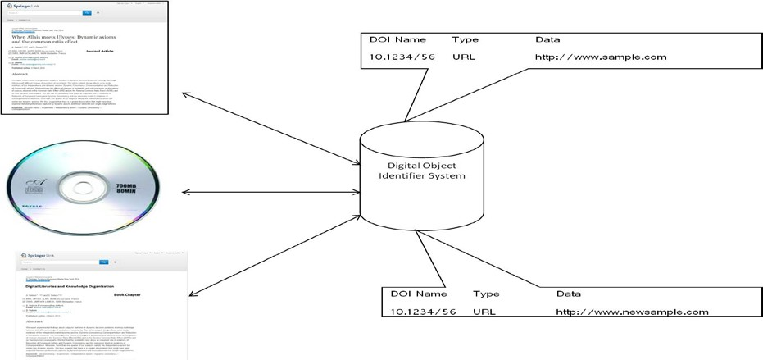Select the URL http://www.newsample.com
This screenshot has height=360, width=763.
pyautogui.click(x=632, y=312)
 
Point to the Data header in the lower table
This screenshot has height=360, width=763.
pyautogui.click(x=569, y=293)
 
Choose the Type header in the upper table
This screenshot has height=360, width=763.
pyautogui.click(x=465, y=39)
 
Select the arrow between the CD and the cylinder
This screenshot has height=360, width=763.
pyautogui.click(x=268, y=193)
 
